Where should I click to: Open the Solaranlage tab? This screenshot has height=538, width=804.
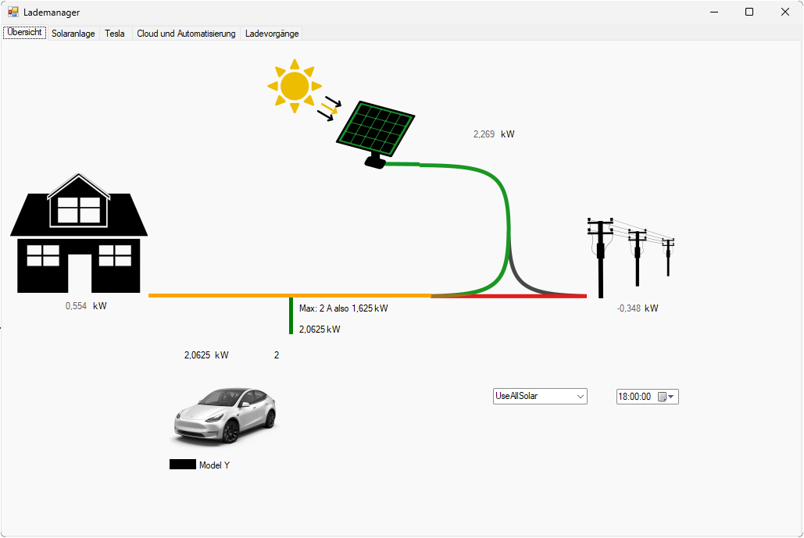pos(73,34)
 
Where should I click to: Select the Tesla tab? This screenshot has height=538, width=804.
pos(115,34)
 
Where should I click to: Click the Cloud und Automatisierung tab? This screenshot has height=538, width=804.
pos(186,34)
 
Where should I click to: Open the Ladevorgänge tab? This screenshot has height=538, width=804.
pos(272,34)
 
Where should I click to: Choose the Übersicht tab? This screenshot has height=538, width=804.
pos(24,33)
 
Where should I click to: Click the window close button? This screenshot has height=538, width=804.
pos(785,12)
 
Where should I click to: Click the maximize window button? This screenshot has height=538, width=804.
pos(749,12)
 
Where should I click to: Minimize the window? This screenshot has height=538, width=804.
pos(713,12)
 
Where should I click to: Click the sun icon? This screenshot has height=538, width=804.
pos(295,86)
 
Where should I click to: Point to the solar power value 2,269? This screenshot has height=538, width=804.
pos(484,134)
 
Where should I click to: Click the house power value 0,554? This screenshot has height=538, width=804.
pos(76,306)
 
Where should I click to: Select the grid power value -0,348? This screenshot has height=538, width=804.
pos(628,308)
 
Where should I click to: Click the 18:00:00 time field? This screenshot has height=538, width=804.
pos(634,397)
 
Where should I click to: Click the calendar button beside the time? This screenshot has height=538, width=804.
pos(663,397)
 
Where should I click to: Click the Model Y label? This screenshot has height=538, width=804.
pos(214,465)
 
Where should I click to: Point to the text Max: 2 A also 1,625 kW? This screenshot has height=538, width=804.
pos(343,308)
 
